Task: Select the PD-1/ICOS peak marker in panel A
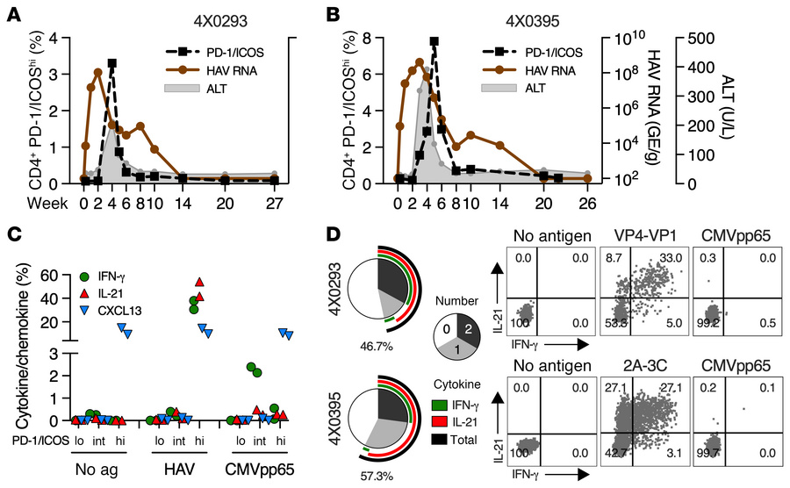[x=111, y=63]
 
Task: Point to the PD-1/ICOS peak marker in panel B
[x=434, y=40]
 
